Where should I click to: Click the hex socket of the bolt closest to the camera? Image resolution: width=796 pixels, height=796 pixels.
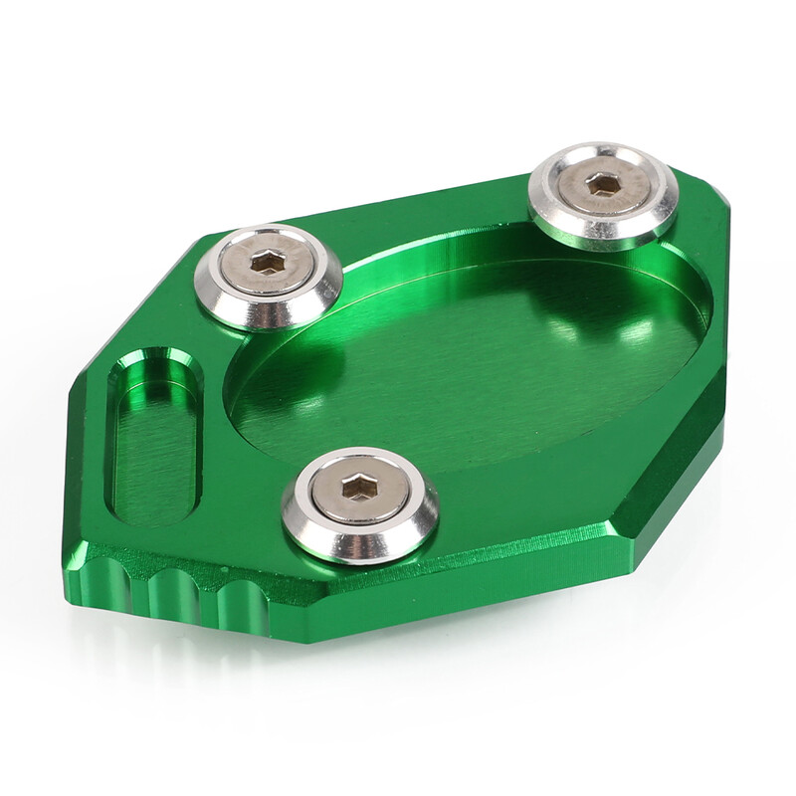pos(358,488)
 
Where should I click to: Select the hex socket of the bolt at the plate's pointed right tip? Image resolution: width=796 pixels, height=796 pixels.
pos(603,183)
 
